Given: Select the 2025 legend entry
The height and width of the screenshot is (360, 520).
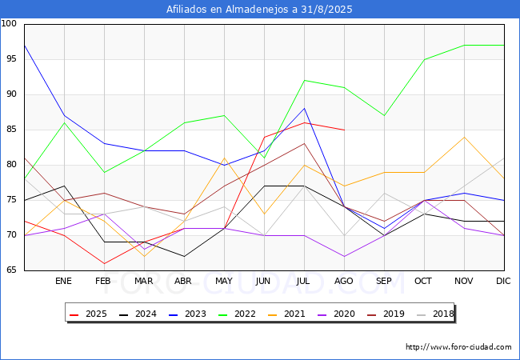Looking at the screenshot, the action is (x=89, y=314).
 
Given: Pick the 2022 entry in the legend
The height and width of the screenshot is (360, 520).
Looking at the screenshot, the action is (x=238, y=314).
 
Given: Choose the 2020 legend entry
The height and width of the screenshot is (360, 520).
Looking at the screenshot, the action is (x=337, y=314).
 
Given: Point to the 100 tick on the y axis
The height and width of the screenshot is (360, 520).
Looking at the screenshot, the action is (x=9, y=23).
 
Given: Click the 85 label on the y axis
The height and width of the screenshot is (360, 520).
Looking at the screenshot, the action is (x=11, y=129).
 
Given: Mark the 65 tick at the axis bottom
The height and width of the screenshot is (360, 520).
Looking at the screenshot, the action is (x=11, y=270).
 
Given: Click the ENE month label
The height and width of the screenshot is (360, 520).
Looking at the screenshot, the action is (x=63, y=281).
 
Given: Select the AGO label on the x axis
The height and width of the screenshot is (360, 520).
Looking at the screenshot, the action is (x=343, y=281).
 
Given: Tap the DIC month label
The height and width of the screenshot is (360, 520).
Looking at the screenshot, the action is (x=503, y=281).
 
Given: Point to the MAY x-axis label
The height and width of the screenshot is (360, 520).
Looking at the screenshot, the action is (x=224, y=281).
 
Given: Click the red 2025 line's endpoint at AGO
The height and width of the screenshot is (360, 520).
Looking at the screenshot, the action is (x=345, y=130).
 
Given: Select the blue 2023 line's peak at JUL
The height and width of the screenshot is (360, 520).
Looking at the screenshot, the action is (x=305, y=108).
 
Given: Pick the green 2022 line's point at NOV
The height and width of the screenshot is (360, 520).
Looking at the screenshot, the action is (x=464, y=45).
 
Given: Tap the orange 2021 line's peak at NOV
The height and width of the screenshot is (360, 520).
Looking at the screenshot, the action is (x=464, y=137).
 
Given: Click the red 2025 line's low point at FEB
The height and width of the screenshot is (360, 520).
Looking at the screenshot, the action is (x=105, y=263).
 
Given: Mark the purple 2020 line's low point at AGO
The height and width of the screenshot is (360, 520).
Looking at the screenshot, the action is (x=345, y=257).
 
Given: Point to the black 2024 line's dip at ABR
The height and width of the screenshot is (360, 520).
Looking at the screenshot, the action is (x=184, y=257).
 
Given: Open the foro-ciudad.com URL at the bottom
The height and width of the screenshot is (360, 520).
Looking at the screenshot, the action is (x=458, y=347).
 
